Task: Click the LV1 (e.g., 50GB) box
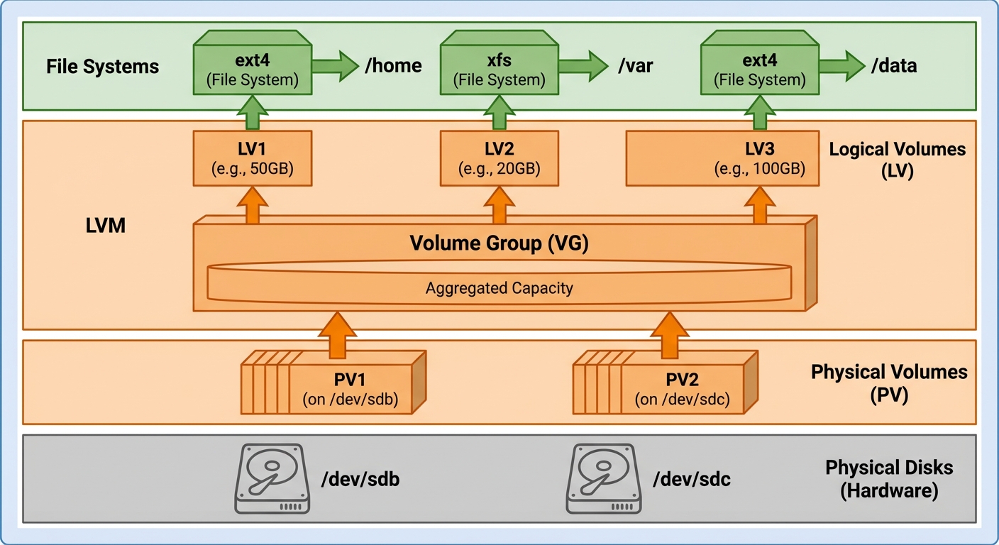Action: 253,158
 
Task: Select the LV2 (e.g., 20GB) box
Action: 499,158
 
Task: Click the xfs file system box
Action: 499,69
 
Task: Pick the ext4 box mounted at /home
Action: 253,69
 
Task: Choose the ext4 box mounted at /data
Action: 760,69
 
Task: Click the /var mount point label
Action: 635,67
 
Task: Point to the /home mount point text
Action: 393,67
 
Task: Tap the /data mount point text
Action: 894,67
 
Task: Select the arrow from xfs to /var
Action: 583,66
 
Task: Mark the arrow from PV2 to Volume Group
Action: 670,335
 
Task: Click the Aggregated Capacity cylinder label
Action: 499,288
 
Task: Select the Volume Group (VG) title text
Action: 499,244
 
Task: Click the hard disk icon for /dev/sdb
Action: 272,478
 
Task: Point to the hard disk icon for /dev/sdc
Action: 604,478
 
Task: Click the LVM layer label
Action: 106,227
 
